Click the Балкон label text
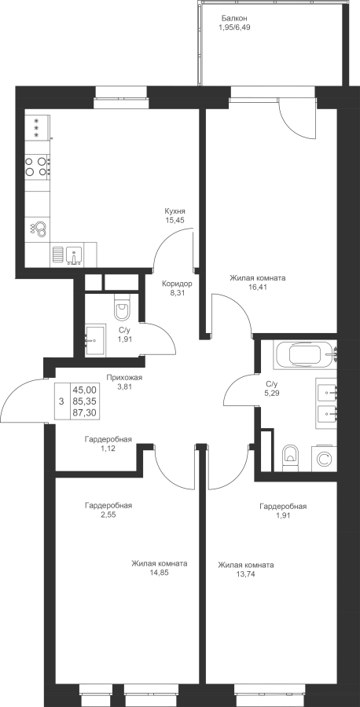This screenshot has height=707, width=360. [x=234, y=18]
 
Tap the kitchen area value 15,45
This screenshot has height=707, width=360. [x=175, y=220]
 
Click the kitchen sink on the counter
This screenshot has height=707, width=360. [x=73, y=255]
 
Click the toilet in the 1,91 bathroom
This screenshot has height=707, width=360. [x=122, y=307]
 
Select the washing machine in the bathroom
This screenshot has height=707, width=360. [x=324, y=459]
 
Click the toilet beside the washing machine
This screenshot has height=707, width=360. [x=289, y=456]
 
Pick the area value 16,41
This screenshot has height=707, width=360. [x=257, y=286]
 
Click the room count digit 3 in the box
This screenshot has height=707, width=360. [x=61, y=401]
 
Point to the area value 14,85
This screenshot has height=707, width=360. [x=160, y=573]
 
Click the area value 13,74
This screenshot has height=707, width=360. [x=246, y=574]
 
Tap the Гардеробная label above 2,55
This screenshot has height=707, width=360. [x=108, y=505]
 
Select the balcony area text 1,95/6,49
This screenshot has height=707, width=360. [x=234, y=27]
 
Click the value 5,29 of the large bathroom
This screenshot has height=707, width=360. [x=271, y=393]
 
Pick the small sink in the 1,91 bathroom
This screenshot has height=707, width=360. [x=95, y=339]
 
